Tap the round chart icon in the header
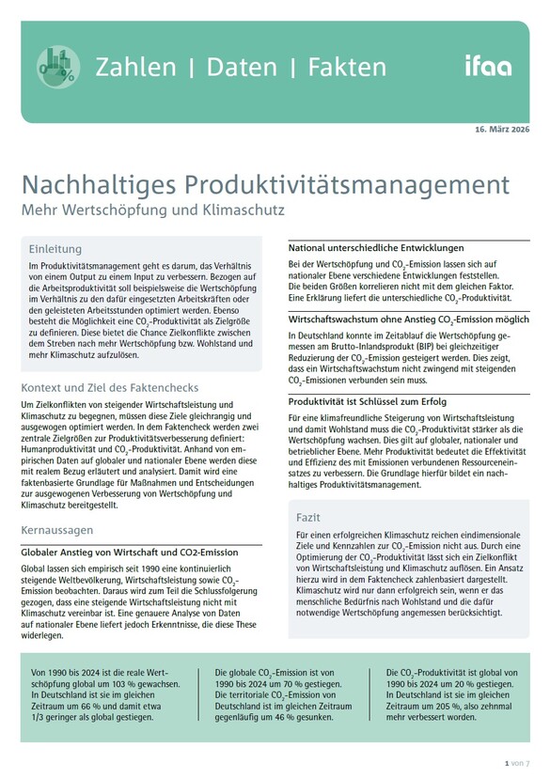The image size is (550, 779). [x=58, y=66]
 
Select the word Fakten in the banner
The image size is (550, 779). [x=343, y=67]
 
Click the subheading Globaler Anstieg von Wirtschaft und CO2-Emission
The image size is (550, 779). [x=129, y=552]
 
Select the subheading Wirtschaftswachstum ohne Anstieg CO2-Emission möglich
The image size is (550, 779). [x=409, y=319]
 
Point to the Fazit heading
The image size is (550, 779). [x=309, y=517]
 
